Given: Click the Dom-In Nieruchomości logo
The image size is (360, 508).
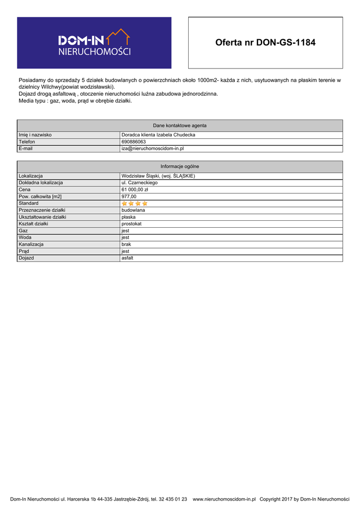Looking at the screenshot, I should coord(94,43).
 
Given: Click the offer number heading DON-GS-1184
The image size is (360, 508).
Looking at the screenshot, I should coord(265,43).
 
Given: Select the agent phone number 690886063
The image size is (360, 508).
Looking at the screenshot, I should coord(134,142).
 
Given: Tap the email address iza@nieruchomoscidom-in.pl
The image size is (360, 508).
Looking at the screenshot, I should coord(153,148).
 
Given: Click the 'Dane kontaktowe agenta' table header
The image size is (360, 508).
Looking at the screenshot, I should coord(180,126).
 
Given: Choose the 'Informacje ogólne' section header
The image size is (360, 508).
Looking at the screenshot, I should coord(180,167).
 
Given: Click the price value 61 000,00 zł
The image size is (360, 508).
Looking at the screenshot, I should coord(135,190).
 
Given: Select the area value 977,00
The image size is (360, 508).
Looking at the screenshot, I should coord(129,196).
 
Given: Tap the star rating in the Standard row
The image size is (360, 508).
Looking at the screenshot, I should coord(135,203).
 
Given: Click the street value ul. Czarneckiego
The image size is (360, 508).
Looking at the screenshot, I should coord(140,183).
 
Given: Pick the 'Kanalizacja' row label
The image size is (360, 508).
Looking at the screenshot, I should coord(31,245).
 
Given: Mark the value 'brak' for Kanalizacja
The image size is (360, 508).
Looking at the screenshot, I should coord(126,245).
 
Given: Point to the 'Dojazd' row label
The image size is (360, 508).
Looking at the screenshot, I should coord(26,258).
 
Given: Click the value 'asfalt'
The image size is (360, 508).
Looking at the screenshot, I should coord(128,258).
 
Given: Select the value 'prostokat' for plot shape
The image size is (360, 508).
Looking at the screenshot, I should coord(132,224).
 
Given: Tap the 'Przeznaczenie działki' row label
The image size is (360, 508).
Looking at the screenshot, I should coord(42,210).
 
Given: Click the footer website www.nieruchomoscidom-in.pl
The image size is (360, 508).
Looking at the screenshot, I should coord(224,499).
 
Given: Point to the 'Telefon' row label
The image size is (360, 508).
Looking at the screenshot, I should coord(27,142).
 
